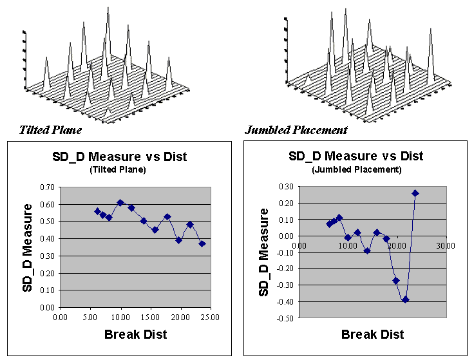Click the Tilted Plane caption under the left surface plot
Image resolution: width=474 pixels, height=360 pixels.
[50, 130]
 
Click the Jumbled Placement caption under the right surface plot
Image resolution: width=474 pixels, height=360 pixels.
[296, 130]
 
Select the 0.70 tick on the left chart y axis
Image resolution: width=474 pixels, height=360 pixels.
[46, 187]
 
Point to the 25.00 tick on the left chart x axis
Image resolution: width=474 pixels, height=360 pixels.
[210, 316]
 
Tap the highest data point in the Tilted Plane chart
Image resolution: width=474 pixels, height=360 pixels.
[120, 202]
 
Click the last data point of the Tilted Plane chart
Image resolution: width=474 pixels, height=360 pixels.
[202, 243]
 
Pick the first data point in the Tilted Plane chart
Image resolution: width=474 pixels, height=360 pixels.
[97, 211]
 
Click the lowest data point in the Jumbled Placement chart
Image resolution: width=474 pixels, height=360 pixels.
[405, 299]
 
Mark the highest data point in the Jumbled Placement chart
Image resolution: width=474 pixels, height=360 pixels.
[415, 193]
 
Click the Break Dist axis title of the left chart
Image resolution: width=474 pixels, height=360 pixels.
[135, 334]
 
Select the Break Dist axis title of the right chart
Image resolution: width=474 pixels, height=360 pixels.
[372, 334]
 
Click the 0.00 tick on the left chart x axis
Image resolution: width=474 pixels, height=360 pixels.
[60, 316]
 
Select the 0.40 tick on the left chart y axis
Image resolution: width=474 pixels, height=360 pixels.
[46, 239]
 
